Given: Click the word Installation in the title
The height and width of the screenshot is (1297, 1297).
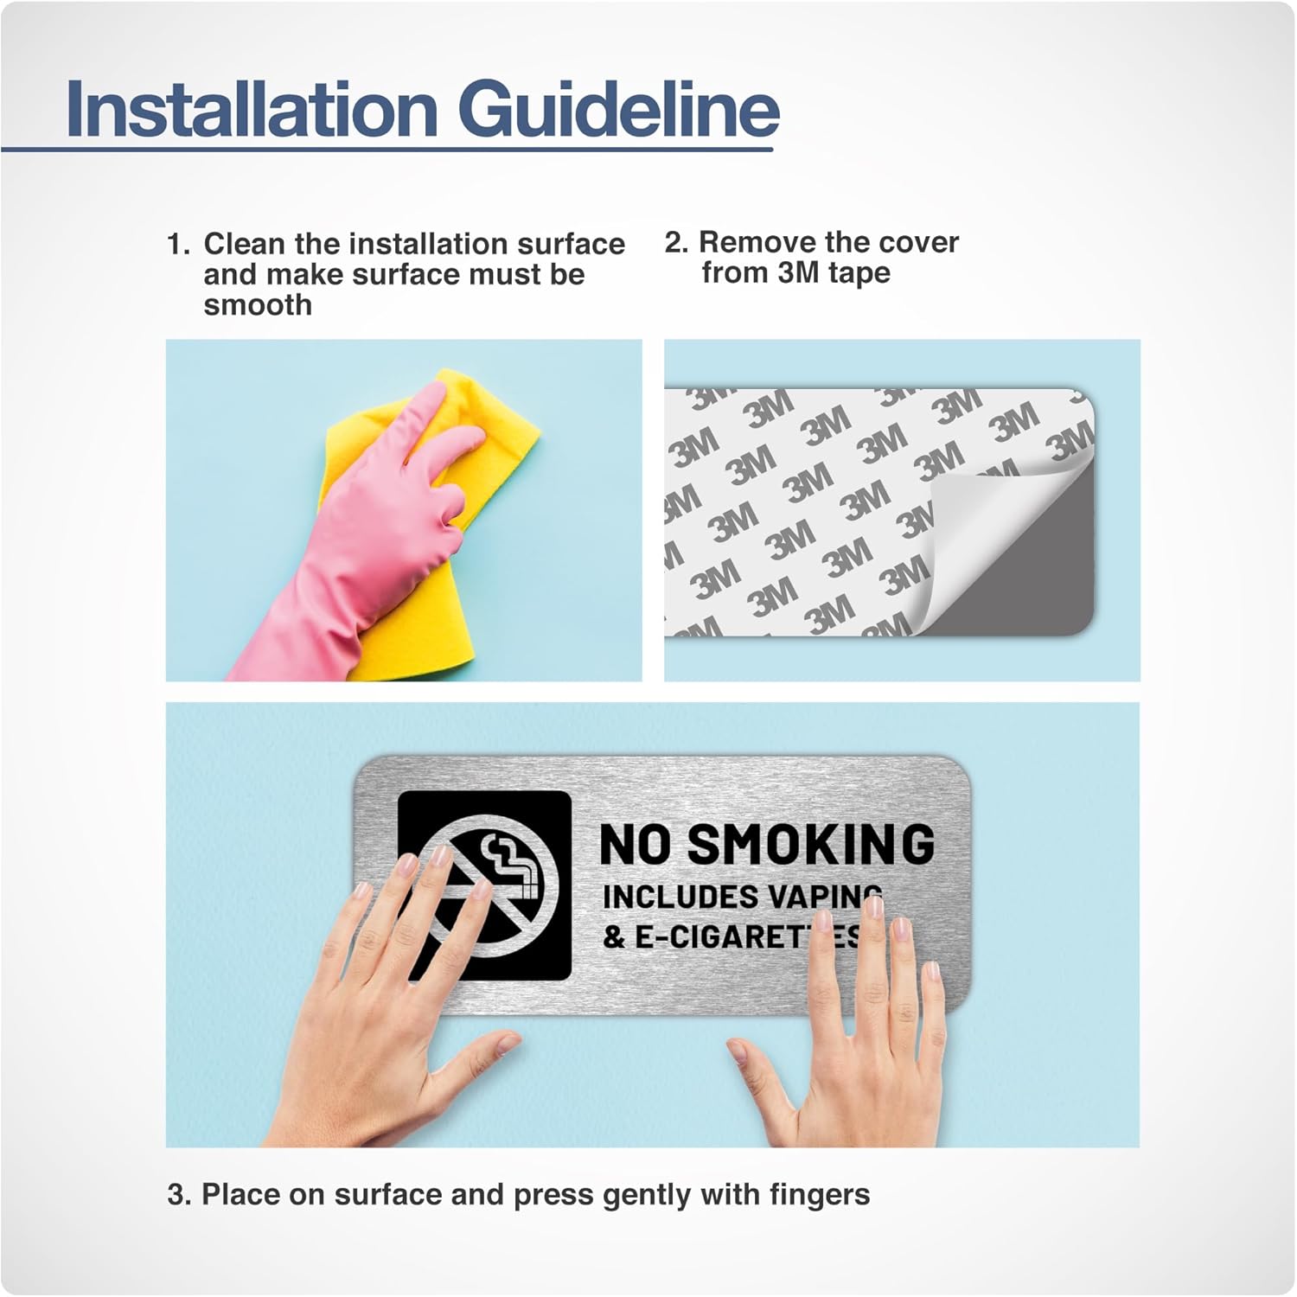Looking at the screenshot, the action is click(x=252, y=109).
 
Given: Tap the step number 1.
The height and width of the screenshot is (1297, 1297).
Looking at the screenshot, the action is click(x=177, y=245).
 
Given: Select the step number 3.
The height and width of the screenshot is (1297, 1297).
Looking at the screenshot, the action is click(x=178, y=1195).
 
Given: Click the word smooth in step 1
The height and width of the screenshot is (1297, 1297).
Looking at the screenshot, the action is click(x=258, y=305).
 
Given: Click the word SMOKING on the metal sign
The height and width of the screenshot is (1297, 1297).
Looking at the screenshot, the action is click(x=810, y=844).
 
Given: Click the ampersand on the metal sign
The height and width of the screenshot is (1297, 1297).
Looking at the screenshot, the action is click(x=614, y=937).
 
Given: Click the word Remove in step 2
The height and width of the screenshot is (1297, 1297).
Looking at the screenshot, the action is click(x=757, y=243).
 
